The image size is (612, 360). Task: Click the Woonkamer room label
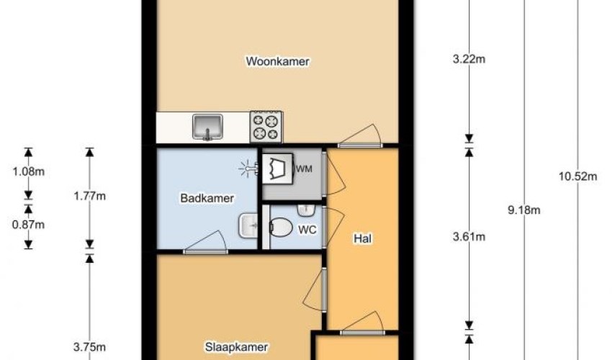pyautogui.click(x=277, y=61)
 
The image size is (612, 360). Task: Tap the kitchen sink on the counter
pyautogui.click(x=207, y=127)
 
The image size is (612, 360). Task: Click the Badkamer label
pyautogui.click(x=207, y=198)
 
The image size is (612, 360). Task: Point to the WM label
pyautogui.click(x=304, y=169)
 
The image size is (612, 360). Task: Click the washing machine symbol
pyautogui.click(x=277, y=168)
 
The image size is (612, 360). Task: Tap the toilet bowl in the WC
pyautogui.click(x=281, y=228)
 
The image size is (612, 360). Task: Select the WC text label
pyautogui.click(x=307, y=230)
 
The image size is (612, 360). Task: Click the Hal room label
pyautogui.click(x=363, y=238)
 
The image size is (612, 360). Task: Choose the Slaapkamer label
pyautogui.click(x=237, y=347)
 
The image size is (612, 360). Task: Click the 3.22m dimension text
pyautogui.click(x=469, y=59)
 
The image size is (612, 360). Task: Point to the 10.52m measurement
pyautogui.click(x=577, y=176)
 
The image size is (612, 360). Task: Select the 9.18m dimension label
pyautogui.click(x=523, y=210)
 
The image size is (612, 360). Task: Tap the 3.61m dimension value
pyautogui.click(x=469, y=237)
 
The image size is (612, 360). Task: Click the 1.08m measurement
pyautogui.click(x=29, y=171)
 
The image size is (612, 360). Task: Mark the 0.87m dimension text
pyautogui.click(x=29, y=225)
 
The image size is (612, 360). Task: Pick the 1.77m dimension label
pyautogui.click(x=90, y=196)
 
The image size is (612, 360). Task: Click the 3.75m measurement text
pyautogui.click(x=89, y=347)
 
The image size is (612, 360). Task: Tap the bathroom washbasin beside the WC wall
pyautogui.click(x=248, y=225)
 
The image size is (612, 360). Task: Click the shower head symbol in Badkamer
pyautogui.click(x=248, y=168)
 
